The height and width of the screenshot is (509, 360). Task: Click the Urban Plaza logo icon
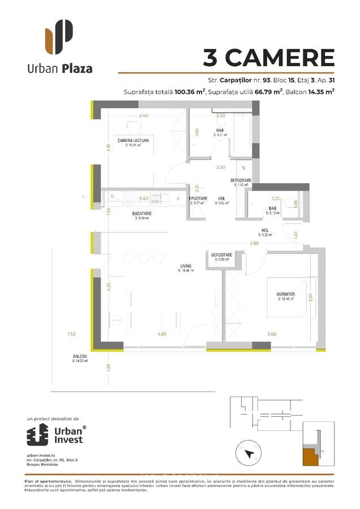tap(59, 36)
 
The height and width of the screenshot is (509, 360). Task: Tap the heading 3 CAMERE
tap(268, 57)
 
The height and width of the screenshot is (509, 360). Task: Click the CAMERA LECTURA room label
tap(134, 140)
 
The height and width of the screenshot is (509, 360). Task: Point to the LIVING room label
tap(186, 265)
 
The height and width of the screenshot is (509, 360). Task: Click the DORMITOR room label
tap(286, 295)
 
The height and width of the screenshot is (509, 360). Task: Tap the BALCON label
tap(80, 356)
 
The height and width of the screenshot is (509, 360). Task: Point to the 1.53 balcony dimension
tap(71, 334)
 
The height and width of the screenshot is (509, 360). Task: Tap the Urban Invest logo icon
tap(38, 435)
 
